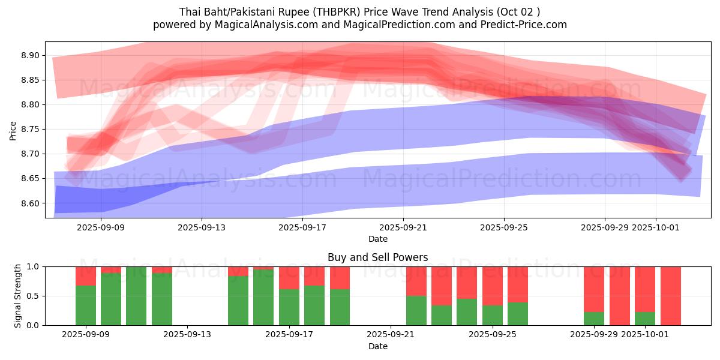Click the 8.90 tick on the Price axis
pyautogui.click(x=31, y=55)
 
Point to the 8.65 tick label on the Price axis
pyautogui.click(x=31, y=179)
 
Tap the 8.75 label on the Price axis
pyautogui.click(x=31, y=130)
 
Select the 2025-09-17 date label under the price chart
pyautogui.click(x=302, y=227)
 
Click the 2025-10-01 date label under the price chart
pyautogui.click(x=655, y=227)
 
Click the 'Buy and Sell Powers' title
pyautogui.click(x=378, y=257)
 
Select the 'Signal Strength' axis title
pyautogui.click(x=18, y=296)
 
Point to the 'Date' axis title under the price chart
pyautogui.click(x=378, y=239)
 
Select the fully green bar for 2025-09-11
pyautogui.click(x=136, y=296)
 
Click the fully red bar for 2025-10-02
pyautogui.click(x=671, y=296)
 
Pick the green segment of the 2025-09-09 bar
pyautogui.click(x=86, y=305)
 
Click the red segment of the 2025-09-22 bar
pyautogui.click(x=416, y=281)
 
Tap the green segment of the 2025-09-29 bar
pyautogui.click(x=594, y=319)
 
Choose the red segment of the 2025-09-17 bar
pyautogui.click(x=289, y=278)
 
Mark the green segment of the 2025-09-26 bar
pyautogui.click(x=518, y=314)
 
